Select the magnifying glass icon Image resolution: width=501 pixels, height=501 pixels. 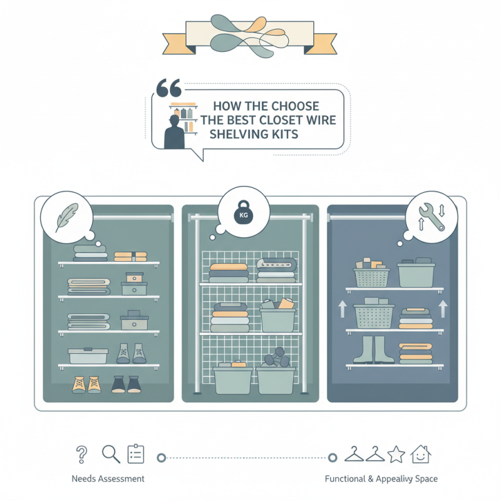coord(110,453)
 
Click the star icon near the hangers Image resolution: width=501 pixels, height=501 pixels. coord(396,454)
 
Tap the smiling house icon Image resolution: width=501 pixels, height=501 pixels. coord(420,454)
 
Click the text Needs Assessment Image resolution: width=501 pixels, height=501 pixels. coord(108,478)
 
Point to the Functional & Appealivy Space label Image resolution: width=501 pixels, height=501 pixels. coord(381,478)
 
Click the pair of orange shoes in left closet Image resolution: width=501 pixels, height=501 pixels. coord(86,384)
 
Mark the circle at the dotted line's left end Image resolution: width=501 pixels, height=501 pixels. coord(161,458)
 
